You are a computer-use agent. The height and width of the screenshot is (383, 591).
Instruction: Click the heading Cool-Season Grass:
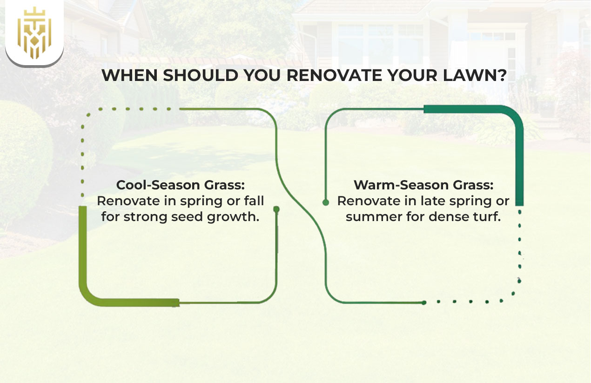tap(181, 185)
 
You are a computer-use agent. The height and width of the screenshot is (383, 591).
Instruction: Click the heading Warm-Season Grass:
tap(423, 185)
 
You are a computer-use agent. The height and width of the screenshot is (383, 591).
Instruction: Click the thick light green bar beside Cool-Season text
tap(83, 251)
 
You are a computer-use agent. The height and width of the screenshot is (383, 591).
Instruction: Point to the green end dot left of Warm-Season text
tap(326, 202)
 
